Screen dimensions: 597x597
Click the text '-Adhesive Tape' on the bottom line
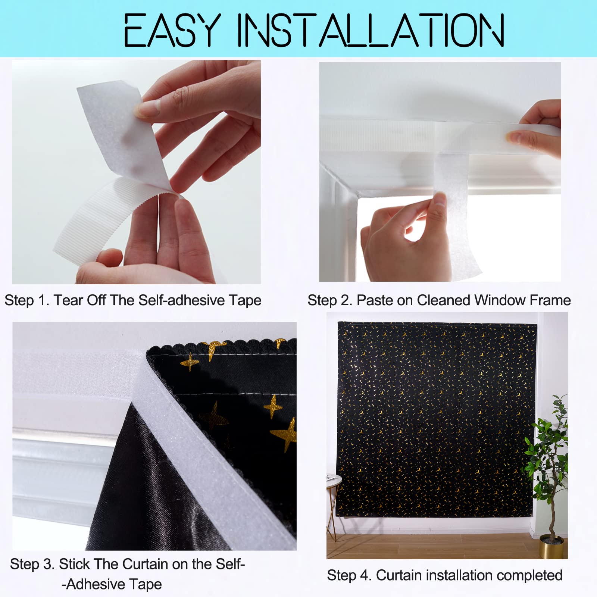(112, 584)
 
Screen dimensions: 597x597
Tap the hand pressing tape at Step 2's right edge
(537, 131)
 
